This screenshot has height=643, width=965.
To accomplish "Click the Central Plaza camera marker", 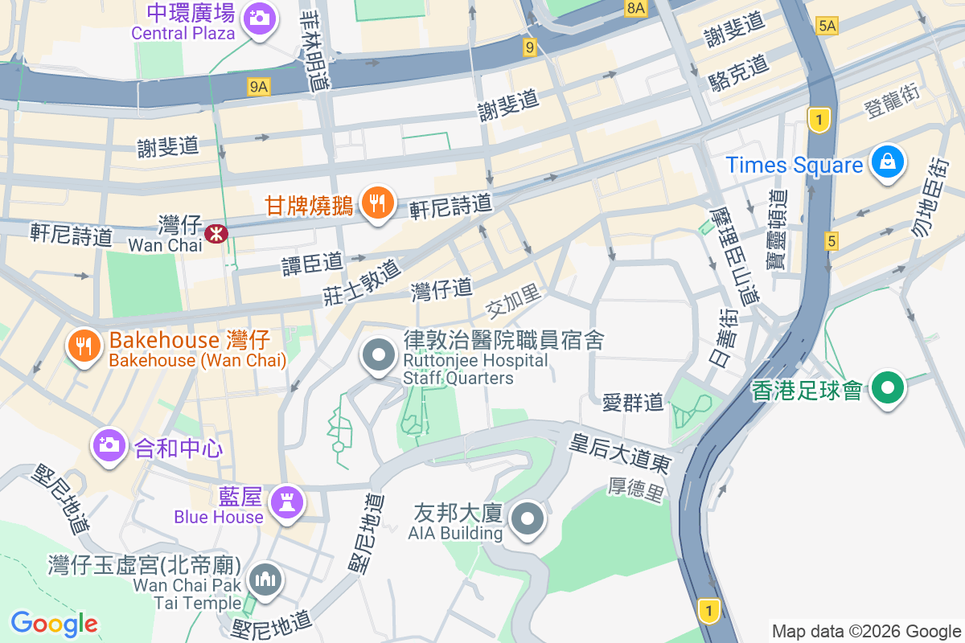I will pos(259,16).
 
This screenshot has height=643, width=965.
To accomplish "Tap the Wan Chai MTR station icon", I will pos(216,234).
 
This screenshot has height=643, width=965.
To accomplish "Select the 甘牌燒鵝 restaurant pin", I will pos(376,202).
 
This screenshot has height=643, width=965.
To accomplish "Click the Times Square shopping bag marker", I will pos(888,162).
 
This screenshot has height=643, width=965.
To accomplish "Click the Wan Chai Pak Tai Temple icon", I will pos(265,578).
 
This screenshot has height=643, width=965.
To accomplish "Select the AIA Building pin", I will pos(528,518).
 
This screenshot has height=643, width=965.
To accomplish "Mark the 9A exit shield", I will pos(258,86).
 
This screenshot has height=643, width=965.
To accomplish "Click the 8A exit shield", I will pos(635,8).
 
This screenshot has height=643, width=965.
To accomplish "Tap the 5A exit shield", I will pos(827,26).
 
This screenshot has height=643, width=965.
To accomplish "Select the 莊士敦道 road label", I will pos(362,281).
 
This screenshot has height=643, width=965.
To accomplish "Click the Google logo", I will pos(54,623).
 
